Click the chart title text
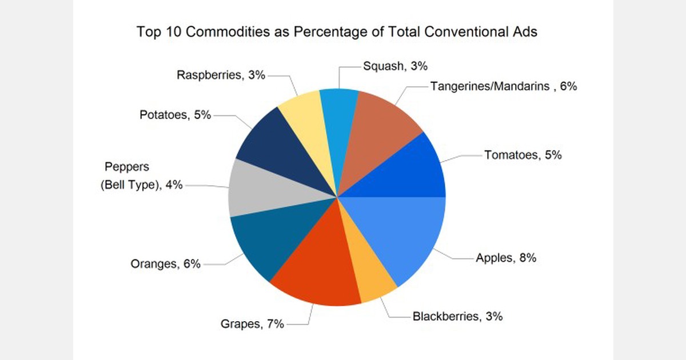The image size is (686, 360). pos(337,32)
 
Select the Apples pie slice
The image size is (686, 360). pos(400,234)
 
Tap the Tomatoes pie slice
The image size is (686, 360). pos(406,169)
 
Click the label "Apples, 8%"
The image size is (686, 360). pos(506,258)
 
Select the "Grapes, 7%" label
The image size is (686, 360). pos(252,325)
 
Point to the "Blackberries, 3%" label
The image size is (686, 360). pos(457,316)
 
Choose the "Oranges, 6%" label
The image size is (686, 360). pos(166,264)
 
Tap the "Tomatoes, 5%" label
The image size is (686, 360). pos(523,155)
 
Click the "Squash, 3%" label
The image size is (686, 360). pos(396,66)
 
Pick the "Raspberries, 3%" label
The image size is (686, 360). pos(221,75)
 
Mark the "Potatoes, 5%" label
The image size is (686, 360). pos(176,115)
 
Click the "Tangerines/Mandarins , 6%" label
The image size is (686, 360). pos(504,87)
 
